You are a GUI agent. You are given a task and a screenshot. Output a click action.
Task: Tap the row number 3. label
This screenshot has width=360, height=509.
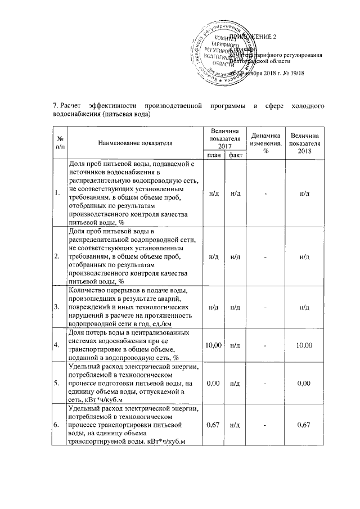click(57, 307)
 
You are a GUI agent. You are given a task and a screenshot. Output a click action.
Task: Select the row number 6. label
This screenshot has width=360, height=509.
click(57, 425)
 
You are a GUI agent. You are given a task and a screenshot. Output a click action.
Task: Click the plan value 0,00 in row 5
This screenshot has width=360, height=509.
click(213, 384)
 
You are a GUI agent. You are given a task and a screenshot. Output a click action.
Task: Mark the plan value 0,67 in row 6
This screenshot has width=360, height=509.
click(213, 425)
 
